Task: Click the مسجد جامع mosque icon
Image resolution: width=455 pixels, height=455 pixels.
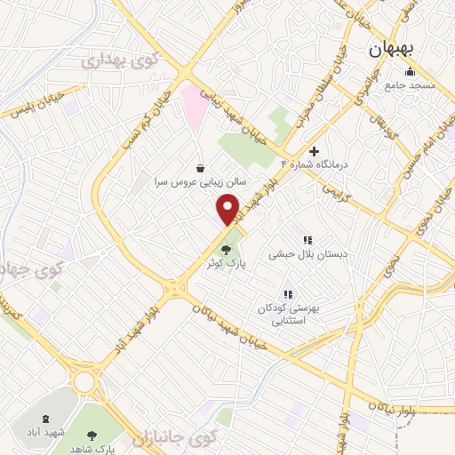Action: pos(410,72)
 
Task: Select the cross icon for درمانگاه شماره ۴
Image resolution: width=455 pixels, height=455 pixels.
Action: pos(314,151)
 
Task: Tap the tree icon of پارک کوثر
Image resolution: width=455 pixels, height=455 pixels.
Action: pos(227,250)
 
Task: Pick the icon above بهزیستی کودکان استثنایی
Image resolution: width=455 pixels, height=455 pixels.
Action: pos(287,294)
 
